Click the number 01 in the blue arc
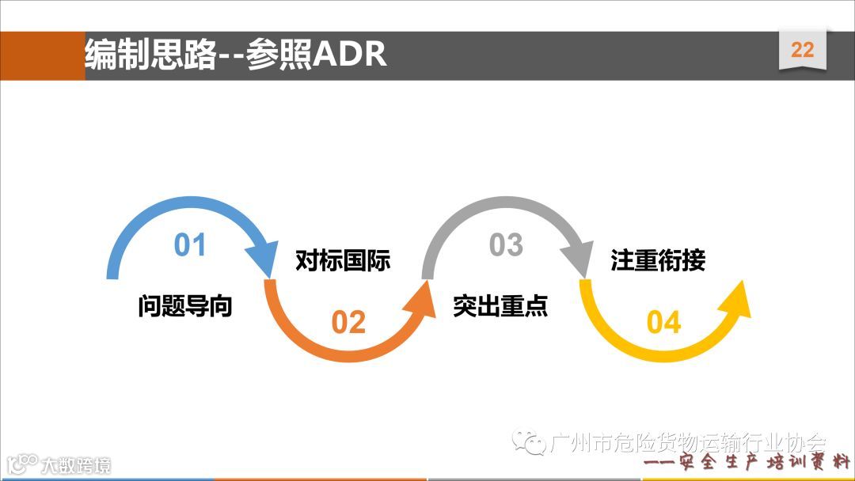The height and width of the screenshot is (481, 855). coord(190,245)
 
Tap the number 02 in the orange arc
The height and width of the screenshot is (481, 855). coord(348,322)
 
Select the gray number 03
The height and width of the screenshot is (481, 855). coord(506,245)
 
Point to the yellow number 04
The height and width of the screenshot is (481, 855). coord(663,322)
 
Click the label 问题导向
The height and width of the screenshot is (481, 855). coord(185,305)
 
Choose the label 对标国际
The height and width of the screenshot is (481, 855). coord(343,260)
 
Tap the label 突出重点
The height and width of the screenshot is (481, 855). coord(500,305)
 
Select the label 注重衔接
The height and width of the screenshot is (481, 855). coord(658,260)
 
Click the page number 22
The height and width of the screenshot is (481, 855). coord(802,50)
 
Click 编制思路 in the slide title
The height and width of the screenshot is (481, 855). coord(150,55)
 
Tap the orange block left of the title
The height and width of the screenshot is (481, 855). coord(42,55)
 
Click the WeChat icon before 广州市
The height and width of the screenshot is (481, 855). coord(529,441)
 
